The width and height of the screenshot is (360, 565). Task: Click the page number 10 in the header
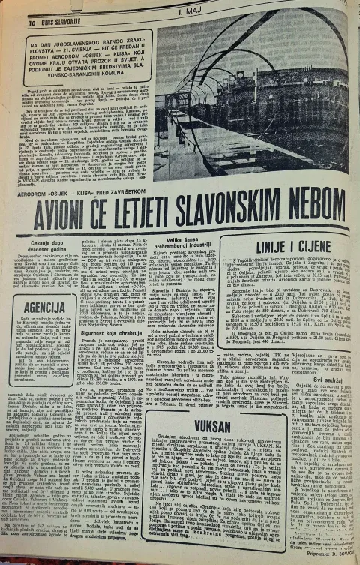pyautogui.click(x=31, y=23)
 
